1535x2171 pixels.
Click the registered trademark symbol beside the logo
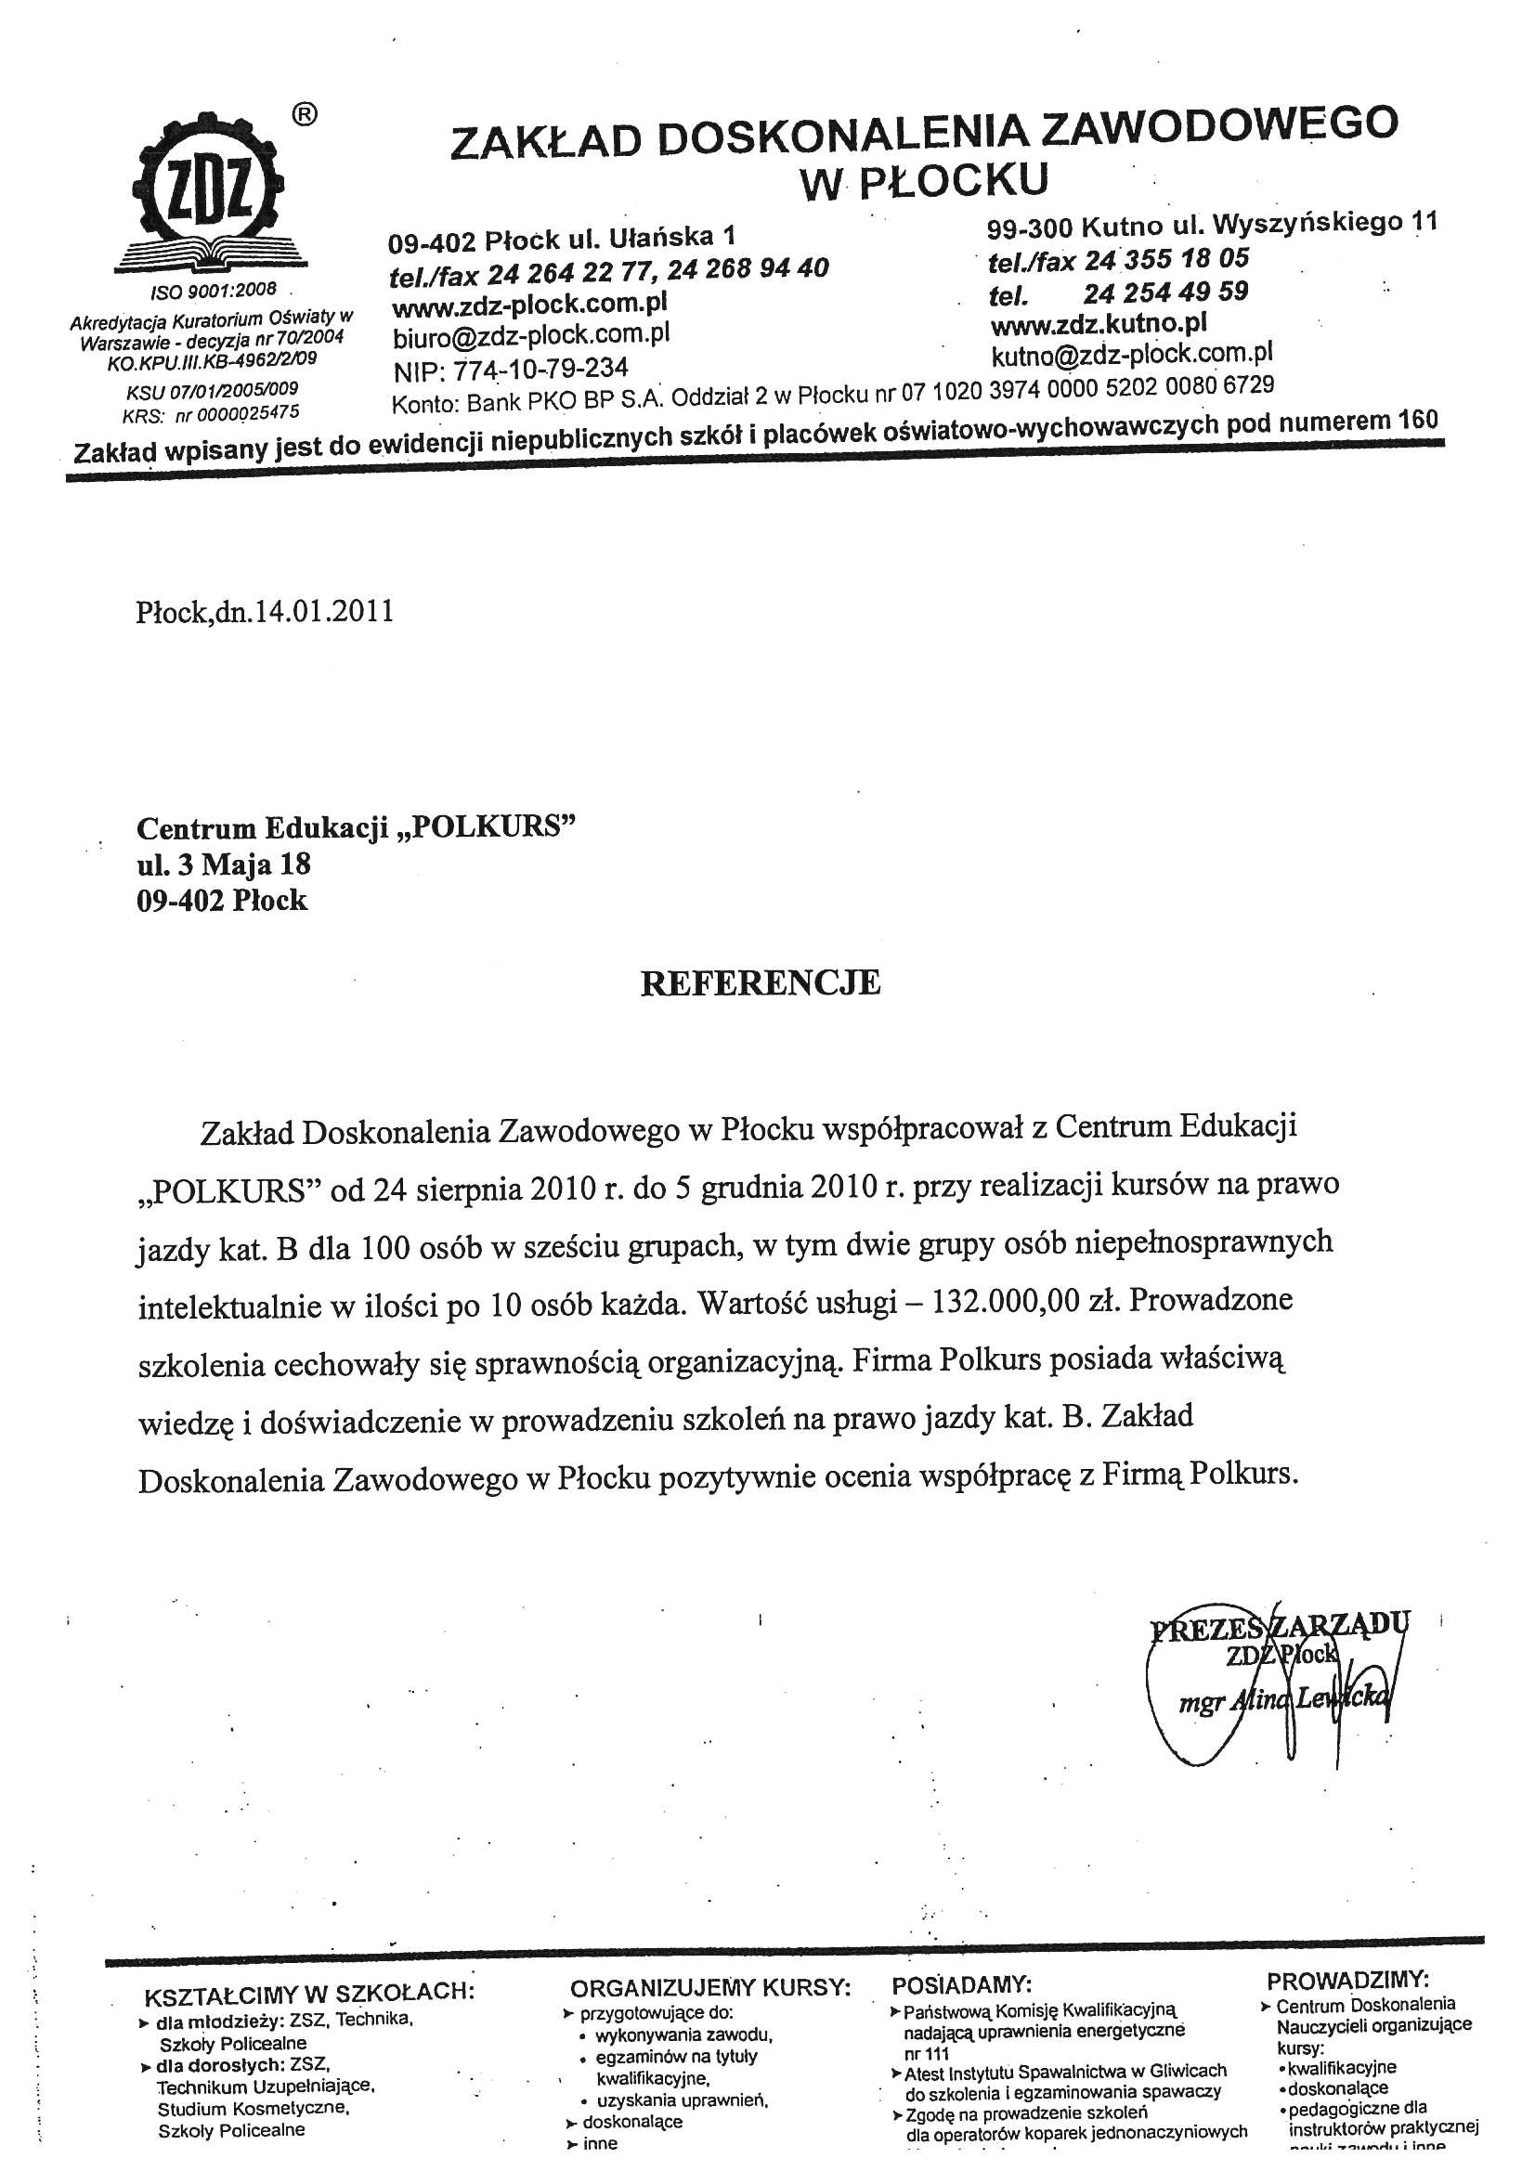pyautogui.click(x=304, y=114)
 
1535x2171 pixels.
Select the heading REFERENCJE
pyautogui.click(x=761, y=983)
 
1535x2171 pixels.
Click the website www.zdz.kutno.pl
pyautogui.click(x=1098, y=324)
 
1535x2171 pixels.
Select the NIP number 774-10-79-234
pyautogui.click(x=540, y=368)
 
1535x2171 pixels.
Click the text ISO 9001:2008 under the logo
pyautogui.click(x=214, y=291)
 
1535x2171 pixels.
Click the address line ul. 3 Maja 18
pyautogui.click(x=223, y=864)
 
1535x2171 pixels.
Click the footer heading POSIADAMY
pyautogui.click(x=962, y=1982)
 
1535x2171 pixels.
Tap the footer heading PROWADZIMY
pyautogui.click(x=1347, y=1979)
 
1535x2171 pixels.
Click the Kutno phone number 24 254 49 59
pyautogui.click(x=1165, y=292)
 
